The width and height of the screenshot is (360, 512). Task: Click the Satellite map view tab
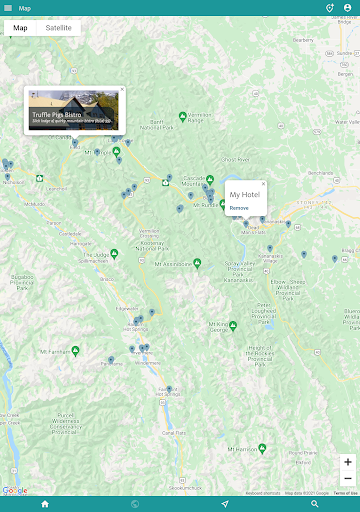(59, 28)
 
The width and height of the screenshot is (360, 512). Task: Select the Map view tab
(20, 28)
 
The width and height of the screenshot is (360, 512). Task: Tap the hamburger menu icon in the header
(9, 7)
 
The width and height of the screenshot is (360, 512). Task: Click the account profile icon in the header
(347, 7)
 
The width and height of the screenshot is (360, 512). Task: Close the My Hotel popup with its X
(263, 184)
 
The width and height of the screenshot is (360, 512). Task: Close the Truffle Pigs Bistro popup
(122, 89)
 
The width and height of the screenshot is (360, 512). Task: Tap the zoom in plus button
(347, 462)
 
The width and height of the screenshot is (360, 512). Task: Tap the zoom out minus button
(347, 478)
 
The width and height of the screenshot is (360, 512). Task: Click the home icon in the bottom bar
(45, 504)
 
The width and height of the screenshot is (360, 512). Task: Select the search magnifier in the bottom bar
(315, 504)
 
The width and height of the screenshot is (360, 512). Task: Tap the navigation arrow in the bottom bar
(225, 504)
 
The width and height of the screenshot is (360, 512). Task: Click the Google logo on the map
(15, 490)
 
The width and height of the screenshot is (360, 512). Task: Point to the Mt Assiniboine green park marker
(197, 263)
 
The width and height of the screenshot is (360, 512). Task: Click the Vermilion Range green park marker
(182, 115)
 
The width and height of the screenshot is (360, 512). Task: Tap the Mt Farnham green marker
(75, 351)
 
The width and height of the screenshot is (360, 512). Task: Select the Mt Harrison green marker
(262, 447)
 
